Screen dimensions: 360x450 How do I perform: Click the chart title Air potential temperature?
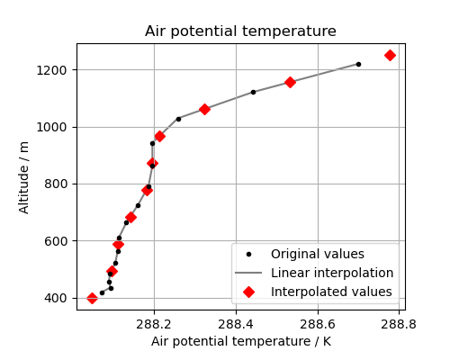coord(240,31)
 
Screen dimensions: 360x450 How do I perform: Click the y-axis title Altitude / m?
coord(24,176)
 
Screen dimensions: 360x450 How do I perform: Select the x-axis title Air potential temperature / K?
coord(240,342)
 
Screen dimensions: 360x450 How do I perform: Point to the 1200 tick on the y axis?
coord(56,70)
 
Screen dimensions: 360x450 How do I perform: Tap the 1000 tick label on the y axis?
coord(56,127)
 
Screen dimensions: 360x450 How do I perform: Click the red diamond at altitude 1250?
coord(390,55)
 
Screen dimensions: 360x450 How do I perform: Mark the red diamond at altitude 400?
coord(92,298)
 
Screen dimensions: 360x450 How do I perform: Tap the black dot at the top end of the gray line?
coord(358,64)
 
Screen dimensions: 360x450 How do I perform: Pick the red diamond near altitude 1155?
coord(290,82)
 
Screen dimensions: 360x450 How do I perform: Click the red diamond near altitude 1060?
coord(204,109)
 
